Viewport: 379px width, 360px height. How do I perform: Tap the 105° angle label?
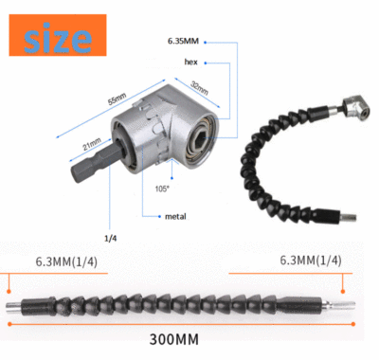163,189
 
